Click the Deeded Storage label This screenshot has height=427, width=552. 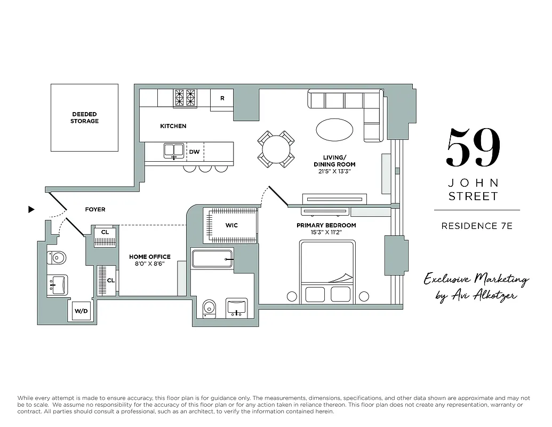click(x=84, y=117)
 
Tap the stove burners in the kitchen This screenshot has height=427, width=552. click(x=185, y=98)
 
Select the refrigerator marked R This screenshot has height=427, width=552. click(x=222, y=99)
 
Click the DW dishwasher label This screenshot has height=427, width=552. click(x=195, y=152)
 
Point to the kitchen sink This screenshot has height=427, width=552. click(x=173, y=151)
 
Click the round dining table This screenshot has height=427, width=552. click(x=276, y=149)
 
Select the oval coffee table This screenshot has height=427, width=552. click(x=334, y=129)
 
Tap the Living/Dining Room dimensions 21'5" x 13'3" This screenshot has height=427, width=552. click(x=334, y=171)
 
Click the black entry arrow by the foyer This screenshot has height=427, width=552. click(x=31, y=210)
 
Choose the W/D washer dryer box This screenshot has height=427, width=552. click(x=81, y=311)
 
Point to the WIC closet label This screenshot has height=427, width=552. click(x=231, y=225)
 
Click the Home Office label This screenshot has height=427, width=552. click(x=149, y=257)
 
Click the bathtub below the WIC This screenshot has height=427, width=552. click(x=212, y=259)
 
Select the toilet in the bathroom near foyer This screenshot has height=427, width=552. click(x=57, y=258)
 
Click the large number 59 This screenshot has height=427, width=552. click(x=474, y=148)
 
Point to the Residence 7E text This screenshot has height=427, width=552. click(x=476, y=226)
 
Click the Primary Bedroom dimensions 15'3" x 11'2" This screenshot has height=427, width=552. click(x=326, y=233)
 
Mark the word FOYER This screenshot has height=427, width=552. click(x=95, y=210)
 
